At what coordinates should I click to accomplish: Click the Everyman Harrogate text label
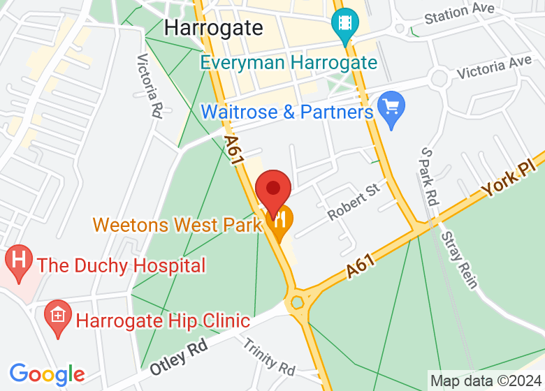coord(289,62)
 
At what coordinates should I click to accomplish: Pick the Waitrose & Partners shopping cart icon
coord(391,108)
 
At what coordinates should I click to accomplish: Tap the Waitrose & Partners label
coord(286,112)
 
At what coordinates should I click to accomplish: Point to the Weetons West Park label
coord(177,225)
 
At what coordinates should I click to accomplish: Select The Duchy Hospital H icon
coord(19,261)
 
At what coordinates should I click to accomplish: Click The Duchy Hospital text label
coord(122,265)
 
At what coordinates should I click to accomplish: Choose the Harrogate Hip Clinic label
coord(163,321)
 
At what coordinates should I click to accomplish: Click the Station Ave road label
coord(459,13)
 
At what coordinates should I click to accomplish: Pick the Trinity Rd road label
coord(269,356)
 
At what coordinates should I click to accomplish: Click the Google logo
coord(46,374)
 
